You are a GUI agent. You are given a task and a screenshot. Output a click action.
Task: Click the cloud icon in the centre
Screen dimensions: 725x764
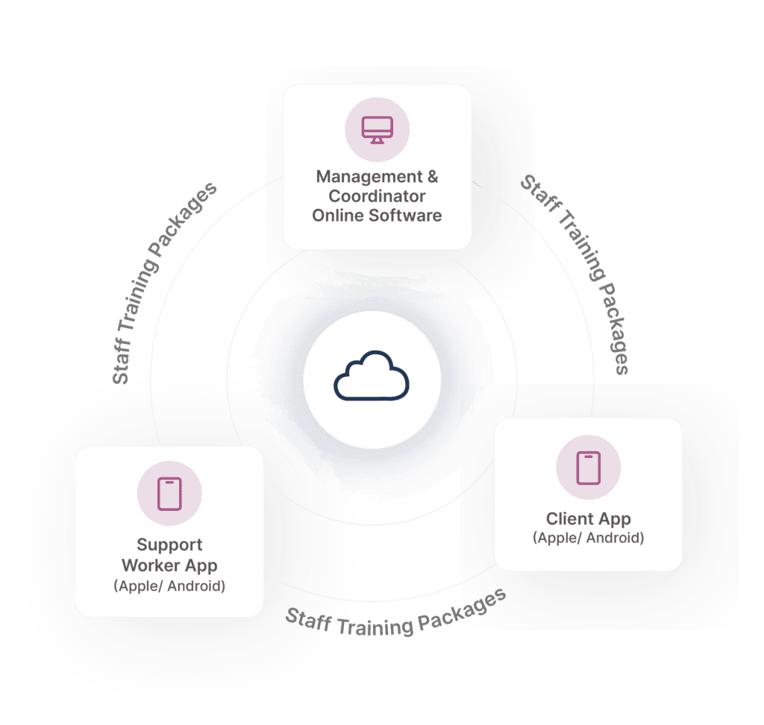372,379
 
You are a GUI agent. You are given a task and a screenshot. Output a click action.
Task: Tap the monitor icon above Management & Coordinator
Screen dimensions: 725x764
377,130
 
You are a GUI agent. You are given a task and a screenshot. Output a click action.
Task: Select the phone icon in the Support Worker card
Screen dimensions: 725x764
169,494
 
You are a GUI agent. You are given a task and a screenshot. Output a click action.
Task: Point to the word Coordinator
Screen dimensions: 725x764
377,196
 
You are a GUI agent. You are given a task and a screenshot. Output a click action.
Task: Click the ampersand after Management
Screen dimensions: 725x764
430,177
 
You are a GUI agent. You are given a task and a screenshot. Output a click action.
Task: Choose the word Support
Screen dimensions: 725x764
169,544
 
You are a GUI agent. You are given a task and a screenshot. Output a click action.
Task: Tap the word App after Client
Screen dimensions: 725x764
618,518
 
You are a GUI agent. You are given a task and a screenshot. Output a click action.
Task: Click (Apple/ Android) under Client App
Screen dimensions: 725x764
589,538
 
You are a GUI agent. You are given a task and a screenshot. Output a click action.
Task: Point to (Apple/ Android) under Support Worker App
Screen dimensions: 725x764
169,586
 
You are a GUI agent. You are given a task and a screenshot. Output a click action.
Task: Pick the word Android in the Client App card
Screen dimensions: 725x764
615,538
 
